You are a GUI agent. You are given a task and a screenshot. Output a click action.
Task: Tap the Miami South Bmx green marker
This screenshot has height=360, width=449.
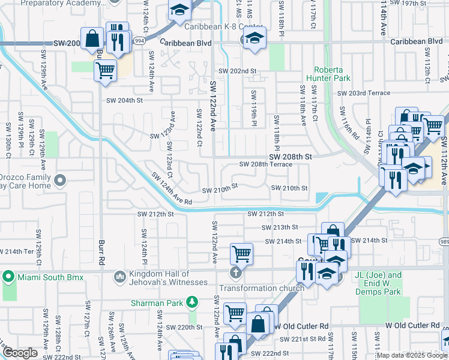coord(8,277)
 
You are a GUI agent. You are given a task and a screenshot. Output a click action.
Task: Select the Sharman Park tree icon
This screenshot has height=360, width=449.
coord(192,302)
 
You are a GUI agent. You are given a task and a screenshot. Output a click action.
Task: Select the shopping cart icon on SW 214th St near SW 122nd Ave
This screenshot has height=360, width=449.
coord(241,254)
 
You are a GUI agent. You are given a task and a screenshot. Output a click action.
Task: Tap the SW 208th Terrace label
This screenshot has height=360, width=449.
coord(265,164)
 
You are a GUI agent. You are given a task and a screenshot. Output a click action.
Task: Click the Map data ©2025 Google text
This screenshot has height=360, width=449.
coord(412,355)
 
